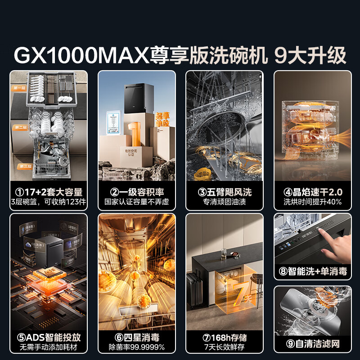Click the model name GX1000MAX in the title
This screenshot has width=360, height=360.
81,55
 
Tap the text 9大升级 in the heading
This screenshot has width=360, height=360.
310,55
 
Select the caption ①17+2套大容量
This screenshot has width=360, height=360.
49,192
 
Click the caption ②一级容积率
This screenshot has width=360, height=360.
137,192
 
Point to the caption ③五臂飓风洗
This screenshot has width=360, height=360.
225,192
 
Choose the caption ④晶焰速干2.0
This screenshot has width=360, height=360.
313,192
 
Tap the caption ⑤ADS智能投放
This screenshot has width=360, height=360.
49,337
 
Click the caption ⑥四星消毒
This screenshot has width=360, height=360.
137,337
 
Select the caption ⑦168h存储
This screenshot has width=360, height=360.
225,337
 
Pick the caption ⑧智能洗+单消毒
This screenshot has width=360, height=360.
313,271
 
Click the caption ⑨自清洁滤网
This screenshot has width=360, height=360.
313,344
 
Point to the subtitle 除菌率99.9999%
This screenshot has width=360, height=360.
137,347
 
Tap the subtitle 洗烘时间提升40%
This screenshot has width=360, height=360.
313,202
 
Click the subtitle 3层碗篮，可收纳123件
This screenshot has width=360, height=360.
49,202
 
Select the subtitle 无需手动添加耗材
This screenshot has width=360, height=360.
49,347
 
